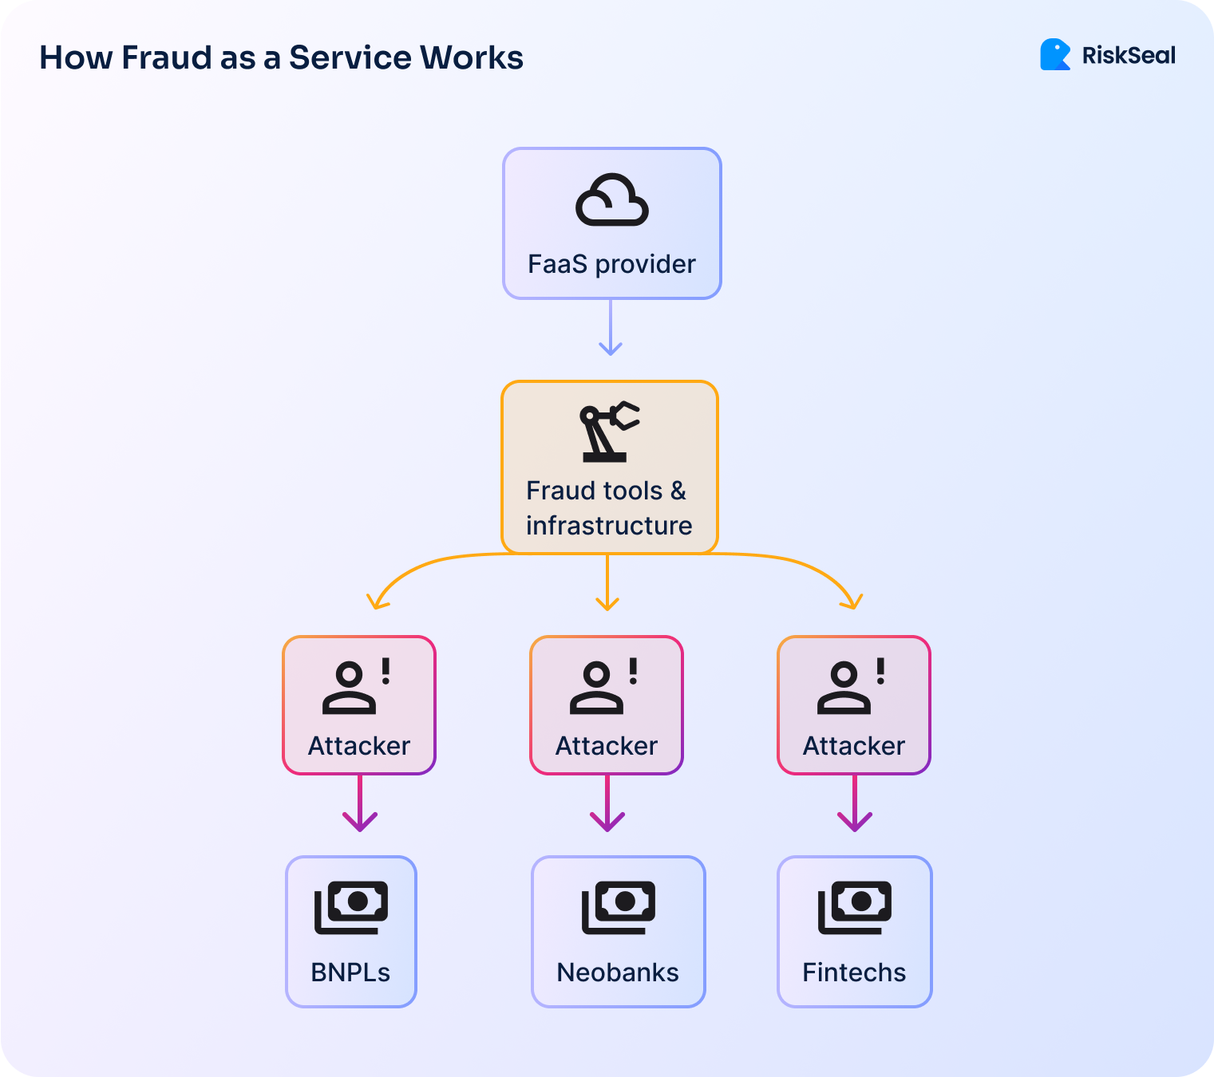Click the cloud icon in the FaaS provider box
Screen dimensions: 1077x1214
(611, 200)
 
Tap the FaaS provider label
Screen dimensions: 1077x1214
(611, 264)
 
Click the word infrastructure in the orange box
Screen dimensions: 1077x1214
(609, 526)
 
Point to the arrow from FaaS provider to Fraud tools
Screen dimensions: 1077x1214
(611, 328)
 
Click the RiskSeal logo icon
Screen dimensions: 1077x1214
(1054, 55)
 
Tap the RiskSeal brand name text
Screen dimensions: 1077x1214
(1129, 56)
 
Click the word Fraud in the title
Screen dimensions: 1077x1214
(167, 58)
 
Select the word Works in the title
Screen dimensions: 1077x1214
(472, 58)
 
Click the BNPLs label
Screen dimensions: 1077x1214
(350, 972)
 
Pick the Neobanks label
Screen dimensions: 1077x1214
(618, 972)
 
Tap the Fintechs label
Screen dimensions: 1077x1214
(854, 972)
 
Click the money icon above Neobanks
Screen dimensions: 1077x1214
(619, 907)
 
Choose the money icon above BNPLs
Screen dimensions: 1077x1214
(351, 907)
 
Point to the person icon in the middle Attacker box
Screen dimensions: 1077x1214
(595, 688)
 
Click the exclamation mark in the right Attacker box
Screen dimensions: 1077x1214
(880, 671)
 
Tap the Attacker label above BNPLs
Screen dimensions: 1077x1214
(359, 746)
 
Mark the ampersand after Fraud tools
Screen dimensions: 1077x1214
(678, 491)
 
